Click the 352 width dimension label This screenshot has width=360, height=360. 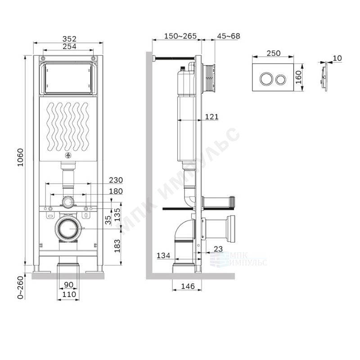pyautogui.click(x=69, y=39)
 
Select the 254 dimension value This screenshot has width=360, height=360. pyautogui.click(x=69, y=46)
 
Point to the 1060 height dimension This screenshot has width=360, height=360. pyautogui.click(x=20, y=157)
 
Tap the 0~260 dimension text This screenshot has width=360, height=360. pyautogui.click(x=20, y=288)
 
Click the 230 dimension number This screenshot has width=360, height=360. pyautogui.click(x=116, y=180)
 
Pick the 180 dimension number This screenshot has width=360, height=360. pyautogui.click(x=116, y=191)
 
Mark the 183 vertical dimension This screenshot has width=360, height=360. pyautogui.click(x=117, y=246)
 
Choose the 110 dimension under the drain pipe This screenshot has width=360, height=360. pyautogui.click(x=69, y=294)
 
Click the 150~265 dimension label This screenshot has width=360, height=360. pyautogui.click(x=180, y=36)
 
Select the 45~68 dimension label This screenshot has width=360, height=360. pyautogui.click(x=229, y=36)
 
